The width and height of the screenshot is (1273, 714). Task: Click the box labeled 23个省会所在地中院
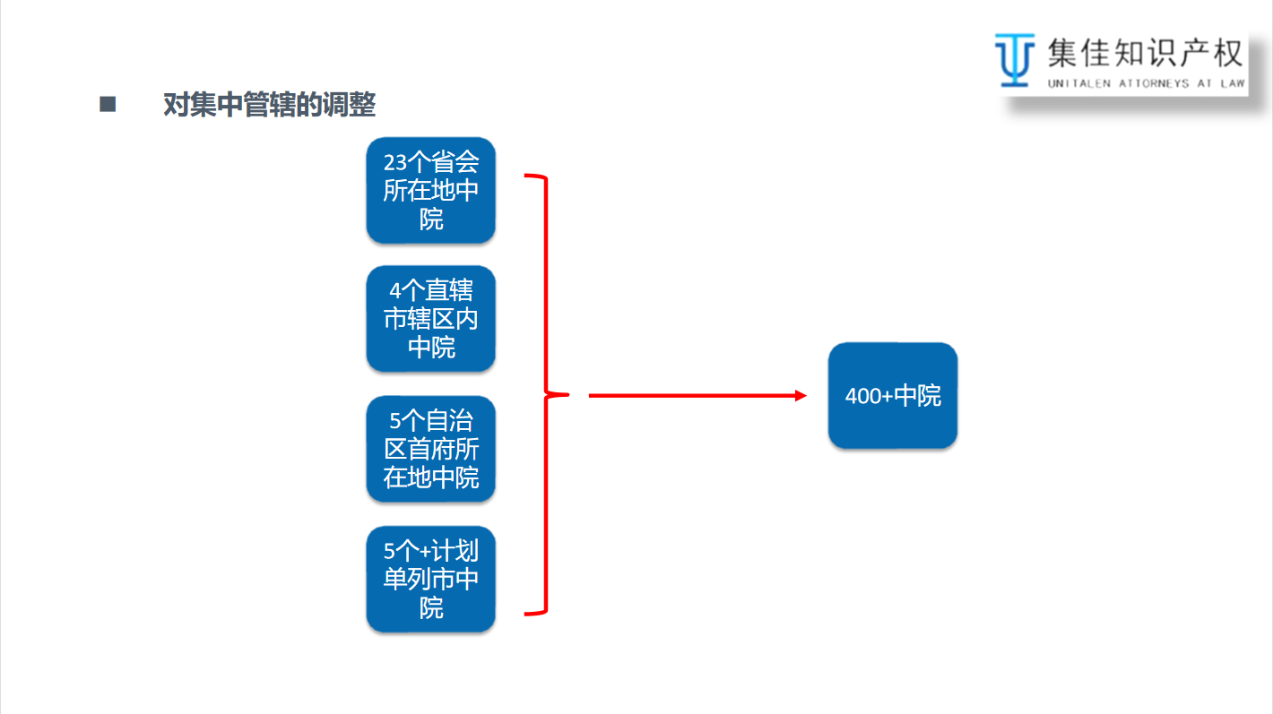[x=430, y=190]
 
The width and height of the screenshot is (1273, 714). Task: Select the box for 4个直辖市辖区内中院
[x=430, y=319]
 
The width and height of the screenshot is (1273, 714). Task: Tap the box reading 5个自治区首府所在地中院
[x=430, y=449]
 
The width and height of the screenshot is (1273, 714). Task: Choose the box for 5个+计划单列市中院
[x=430, y=579]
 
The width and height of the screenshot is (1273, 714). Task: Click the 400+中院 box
[x=893, y=395]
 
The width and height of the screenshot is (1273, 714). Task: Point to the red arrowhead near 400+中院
[x=801, y=395]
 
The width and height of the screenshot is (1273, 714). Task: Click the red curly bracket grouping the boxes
[x=544, y=394]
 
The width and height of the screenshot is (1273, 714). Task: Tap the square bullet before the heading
[x=108, y=104]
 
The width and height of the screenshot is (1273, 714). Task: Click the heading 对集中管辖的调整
[x=269, y=105]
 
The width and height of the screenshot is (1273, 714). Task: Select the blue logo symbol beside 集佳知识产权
[x=1014, y=59]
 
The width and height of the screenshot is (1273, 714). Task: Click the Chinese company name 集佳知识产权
[x=1145, y=54]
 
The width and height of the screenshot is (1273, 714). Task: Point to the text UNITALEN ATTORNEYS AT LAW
[x=1146, y=83]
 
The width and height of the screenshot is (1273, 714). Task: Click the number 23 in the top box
[x=395, y=163]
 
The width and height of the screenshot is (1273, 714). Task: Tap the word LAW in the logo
[x=1232, y=83]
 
